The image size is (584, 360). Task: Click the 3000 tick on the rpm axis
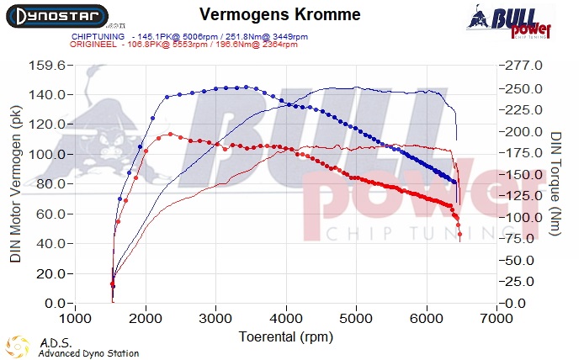(x=216, y=320)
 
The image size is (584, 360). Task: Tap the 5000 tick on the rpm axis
(x=357, y=320)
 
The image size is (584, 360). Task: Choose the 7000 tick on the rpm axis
(x=497, y=320)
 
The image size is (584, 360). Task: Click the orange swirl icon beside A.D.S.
(x=17, y=347)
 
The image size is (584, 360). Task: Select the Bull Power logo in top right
(x=519, y=20)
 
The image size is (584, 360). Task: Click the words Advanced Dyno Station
(x=88, y=353)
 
